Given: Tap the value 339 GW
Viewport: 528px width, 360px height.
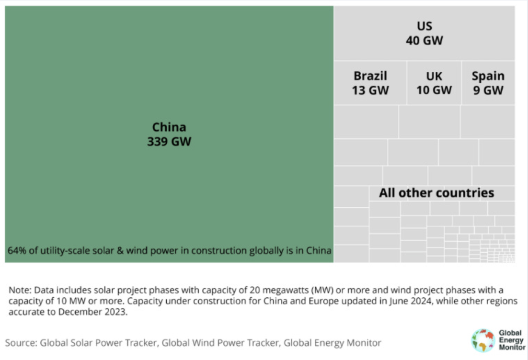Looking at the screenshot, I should (x=169, y=142).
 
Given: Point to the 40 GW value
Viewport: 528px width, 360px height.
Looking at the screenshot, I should (x=425, y=41).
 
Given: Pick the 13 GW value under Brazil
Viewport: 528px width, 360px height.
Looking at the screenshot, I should (x=370, y=90).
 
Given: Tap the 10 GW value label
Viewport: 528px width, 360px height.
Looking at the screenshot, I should (x=434, y=90).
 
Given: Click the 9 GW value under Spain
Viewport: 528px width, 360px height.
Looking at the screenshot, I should (x=488, y=90).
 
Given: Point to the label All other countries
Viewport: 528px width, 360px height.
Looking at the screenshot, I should (x=436, y=193).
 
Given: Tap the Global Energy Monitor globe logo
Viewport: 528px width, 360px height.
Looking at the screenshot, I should (x=482, y=340).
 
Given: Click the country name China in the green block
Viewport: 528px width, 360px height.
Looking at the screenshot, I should (x=169, y=127).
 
